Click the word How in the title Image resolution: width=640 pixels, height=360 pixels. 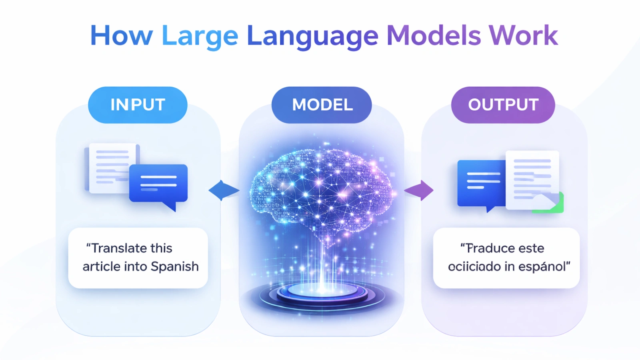(x=121, y=36)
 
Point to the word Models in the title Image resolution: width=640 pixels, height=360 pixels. (x=434, y=36)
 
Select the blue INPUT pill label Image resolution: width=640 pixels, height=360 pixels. (x=138, y=105)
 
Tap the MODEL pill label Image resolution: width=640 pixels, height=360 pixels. (x=322, y=105)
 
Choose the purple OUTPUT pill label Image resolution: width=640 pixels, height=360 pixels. (x=503, y=105)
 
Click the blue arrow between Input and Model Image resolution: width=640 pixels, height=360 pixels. (x=223, y=190)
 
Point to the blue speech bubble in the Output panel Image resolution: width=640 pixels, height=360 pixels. (x=481, y=183)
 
